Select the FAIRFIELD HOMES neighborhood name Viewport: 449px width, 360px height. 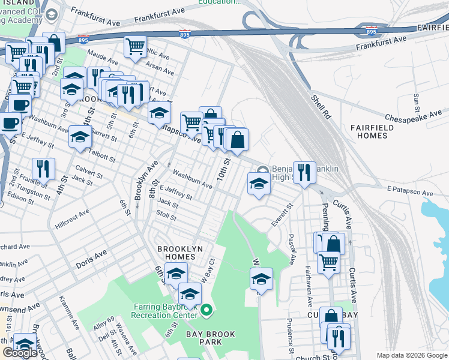[x=372, y=131]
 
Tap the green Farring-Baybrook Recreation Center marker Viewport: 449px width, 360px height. [x=206, y=310]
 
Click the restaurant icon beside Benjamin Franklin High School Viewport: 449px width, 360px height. [x=304, y=172]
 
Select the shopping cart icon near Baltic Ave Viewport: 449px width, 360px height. [x=136, y=46]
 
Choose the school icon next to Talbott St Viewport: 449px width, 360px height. [x=80, y=137]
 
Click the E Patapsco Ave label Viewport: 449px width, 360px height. [x=411, y=190]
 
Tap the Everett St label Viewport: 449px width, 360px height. [x=281, y=214]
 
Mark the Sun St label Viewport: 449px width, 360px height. [x=416, y=103]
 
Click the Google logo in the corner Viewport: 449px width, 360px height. [x=20, y=352]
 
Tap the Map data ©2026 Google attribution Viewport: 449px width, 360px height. [x=411, y=355]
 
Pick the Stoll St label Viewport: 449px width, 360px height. [x=166, y=215]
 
